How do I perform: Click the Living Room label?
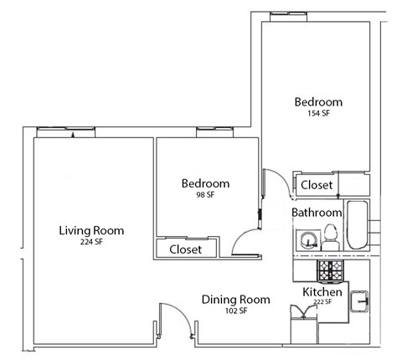click(91, 230)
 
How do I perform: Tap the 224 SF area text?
click(91, 242)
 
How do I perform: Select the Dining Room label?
click(236, 299)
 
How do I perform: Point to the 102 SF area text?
click(236, 311)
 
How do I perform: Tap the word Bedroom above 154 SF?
click(318, 102)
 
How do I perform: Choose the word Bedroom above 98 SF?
click(205, 183)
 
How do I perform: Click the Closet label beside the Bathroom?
click(317, 184)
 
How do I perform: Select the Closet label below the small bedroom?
click(185, 249)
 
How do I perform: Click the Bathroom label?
click(317, 213)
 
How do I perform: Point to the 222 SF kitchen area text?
click(322, 302)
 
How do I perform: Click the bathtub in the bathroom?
click(358, 225)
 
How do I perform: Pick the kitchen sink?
click(361, 298)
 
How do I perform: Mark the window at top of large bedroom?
click(289, 13)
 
